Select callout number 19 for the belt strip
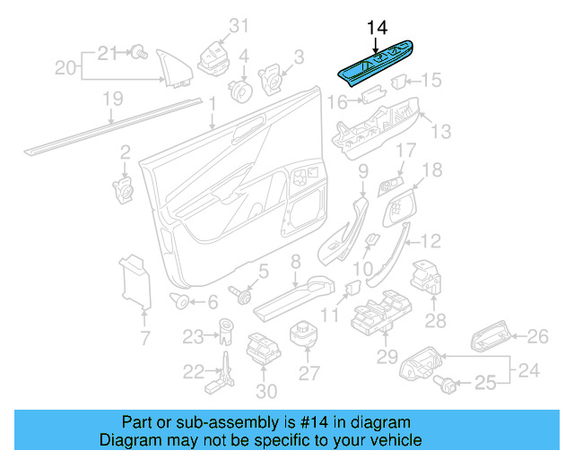point(111,100)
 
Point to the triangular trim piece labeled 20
point(169,68)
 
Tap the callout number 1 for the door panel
point(213,106)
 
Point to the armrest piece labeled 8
point(296,294)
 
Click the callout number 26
point(537,337)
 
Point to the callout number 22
point(194,372)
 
